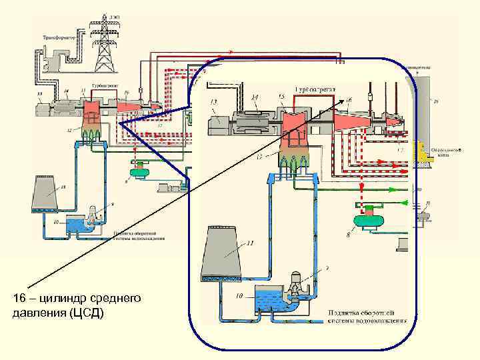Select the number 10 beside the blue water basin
pyautogui.click(x=238, y=295)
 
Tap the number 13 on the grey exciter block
pyautogui.click(x=214, y=102)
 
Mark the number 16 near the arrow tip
pyautogui.click(x=349, y=100)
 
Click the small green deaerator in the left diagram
pyautogui.click(x=141, y=173)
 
